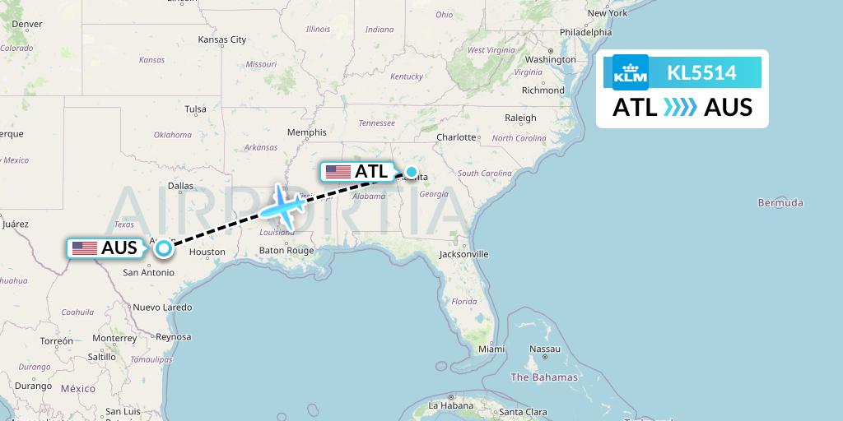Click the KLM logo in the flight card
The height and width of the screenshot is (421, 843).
pos(631,72)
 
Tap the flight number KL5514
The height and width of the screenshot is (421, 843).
pos(701,72)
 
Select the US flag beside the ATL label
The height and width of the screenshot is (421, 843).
pos(338,172)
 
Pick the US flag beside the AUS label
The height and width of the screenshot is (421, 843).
pos(84,248)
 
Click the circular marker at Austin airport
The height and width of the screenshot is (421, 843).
pos(164,248)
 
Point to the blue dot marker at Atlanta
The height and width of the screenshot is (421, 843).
pos(410,173)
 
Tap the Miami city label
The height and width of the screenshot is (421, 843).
pos(491,349)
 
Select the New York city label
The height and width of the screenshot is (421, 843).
pos(608,12)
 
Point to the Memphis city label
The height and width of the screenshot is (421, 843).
pos(306,132)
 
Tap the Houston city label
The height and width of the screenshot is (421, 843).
pos(207,252)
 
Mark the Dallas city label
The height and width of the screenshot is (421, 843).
pos(180,186)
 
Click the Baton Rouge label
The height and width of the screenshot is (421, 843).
pos(286,250)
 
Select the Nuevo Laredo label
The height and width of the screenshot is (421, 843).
pos(162,308)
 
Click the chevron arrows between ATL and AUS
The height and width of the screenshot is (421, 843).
pos(681,108)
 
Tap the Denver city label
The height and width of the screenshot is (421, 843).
pos(26,24)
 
